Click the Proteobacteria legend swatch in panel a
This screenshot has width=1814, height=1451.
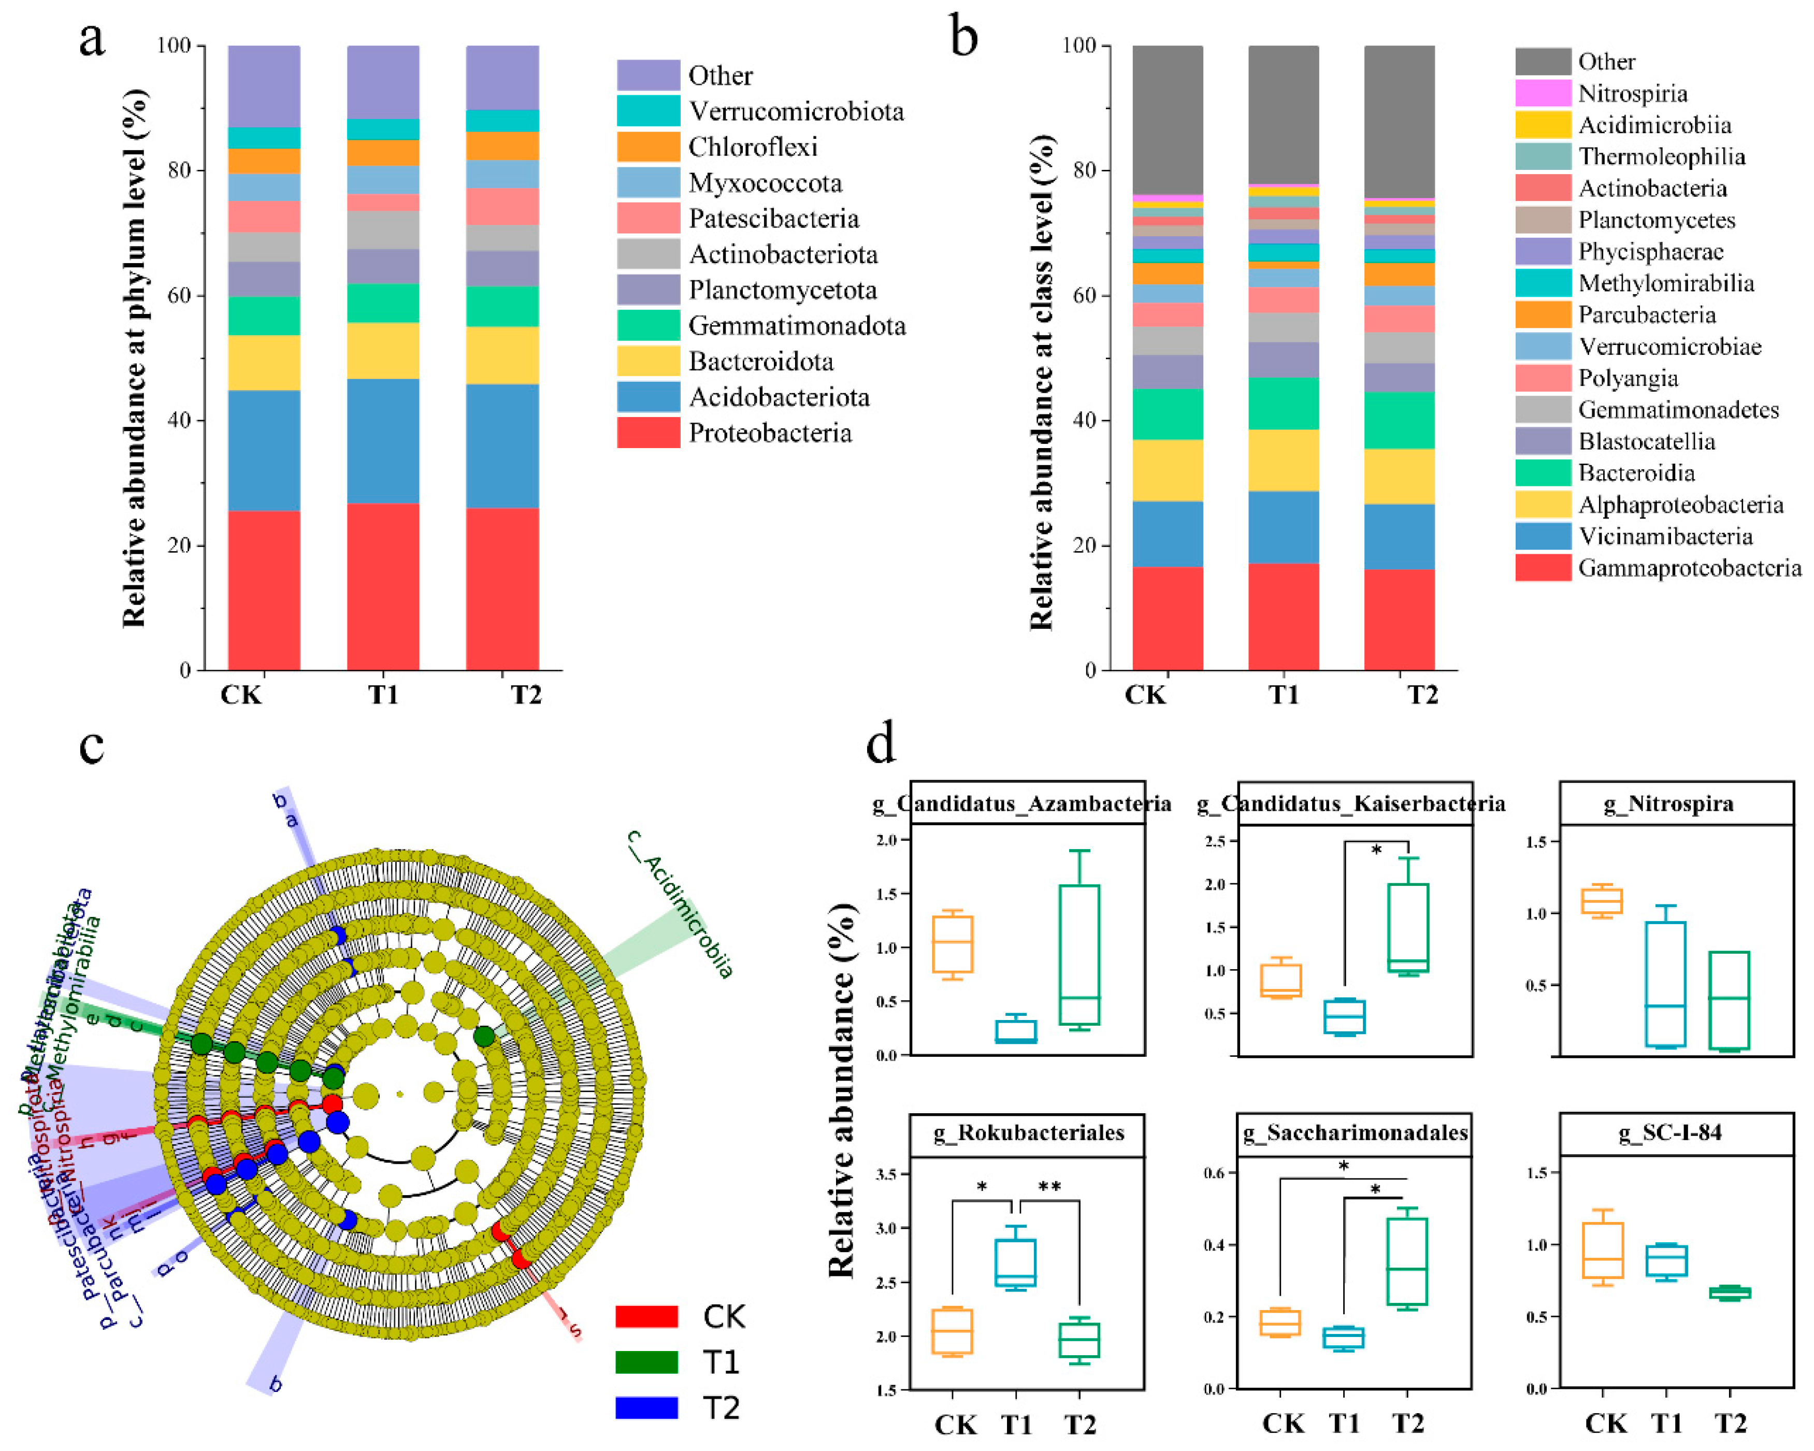[648, 433]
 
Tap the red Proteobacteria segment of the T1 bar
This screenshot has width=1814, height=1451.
[383, 586]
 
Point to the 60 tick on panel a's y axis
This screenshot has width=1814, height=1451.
[180, 295]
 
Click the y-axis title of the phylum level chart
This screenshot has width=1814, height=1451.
[135, 358]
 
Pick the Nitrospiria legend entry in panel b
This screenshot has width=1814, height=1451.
[1632, 93]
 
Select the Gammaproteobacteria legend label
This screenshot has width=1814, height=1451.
[1689, 568]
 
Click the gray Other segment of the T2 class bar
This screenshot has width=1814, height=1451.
[1399, 122]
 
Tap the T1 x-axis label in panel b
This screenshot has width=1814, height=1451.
[1283, 695]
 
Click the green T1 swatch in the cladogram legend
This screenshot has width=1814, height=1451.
[646, 1362]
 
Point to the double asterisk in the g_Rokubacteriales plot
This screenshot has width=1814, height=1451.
[1049, 1187]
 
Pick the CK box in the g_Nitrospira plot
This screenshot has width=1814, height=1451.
[1602, 900]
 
